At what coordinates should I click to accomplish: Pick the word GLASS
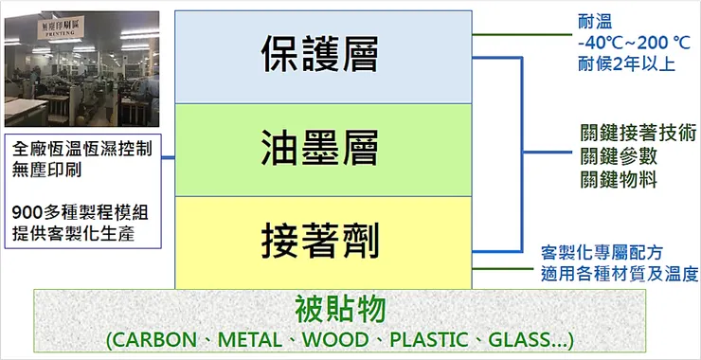(x=525, y=339)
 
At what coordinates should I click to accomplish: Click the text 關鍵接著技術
(x=638, y=133)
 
